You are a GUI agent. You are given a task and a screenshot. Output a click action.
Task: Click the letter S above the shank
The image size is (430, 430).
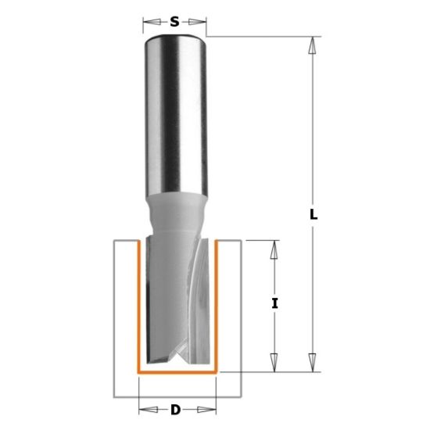175,22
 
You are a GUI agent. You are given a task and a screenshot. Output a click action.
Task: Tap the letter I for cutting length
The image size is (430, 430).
274,305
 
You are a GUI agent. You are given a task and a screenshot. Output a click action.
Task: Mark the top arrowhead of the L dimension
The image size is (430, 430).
312,44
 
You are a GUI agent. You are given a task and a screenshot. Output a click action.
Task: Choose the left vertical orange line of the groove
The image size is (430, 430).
138,305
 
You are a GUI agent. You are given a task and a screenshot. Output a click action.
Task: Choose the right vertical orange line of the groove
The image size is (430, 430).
215,305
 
